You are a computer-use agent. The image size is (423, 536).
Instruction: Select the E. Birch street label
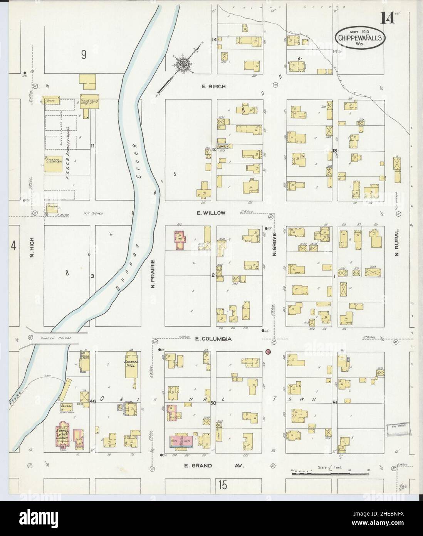tap(214, 87)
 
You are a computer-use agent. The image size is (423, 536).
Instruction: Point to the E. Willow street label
tap(213, 213)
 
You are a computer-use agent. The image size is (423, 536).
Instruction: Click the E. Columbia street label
tap(213, 339)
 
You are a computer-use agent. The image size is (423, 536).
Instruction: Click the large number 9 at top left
tap(83, 55)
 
